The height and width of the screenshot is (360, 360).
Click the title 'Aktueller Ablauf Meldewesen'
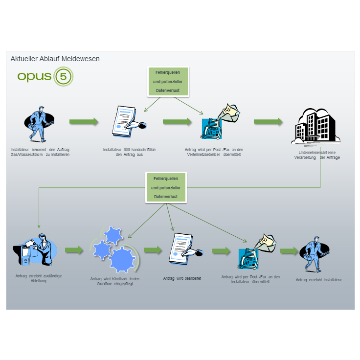pos(55,59)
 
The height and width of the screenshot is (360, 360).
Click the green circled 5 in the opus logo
pos(63,77)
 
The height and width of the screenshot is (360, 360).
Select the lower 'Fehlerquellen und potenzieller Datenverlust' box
pos(166,187)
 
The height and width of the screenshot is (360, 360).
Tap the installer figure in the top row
pos(39,125)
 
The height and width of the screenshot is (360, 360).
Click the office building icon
pos(315,126)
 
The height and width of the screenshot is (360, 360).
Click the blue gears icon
pos(113,250)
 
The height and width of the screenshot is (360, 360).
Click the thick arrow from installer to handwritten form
pos(84,122)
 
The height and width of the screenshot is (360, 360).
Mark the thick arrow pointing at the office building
pos(268,122)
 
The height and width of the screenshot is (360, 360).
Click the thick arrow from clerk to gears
pos(74,250)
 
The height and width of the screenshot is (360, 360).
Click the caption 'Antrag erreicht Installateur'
pos(318,280)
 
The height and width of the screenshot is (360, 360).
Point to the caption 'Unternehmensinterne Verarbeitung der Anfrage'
pos(320,155)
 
